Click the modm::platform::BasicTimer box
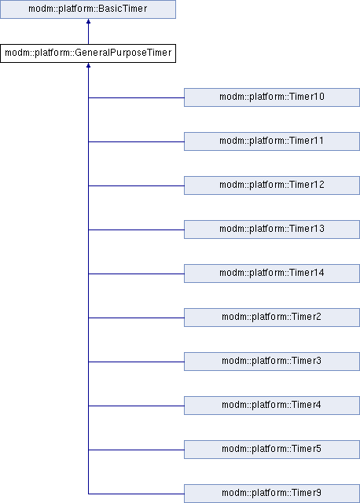[88, 9]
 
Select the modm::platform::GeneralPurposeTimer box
[88, 53]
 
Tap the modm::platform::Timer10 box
[272, 97]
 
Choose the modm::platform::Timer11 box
[272, 141]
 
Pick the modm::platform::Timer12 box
[272, 185]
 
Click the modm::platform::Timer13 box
[272, 229]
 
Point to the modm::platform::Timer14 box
[272, 274]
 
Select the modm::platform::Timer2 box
[272, 318]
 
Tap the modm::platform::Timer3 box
[272, 362]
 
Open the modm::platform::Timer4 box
[272, 406]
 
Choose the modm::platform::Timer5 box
[272, 450]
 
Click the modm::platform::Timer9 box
[272, 494]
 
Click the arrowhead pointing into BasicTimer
[88, 21]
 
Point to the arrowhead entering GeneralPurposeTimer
[88, 65]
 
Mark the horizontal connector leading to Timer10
[136, 97]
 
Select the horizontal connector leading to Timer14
[136, 274]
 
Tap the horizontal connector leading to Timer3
[136, 362]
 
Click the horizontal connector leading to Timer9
[136, 494]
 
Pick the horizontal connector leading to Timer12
[136, 185]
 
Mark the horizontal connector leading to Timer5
[136, 450]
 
